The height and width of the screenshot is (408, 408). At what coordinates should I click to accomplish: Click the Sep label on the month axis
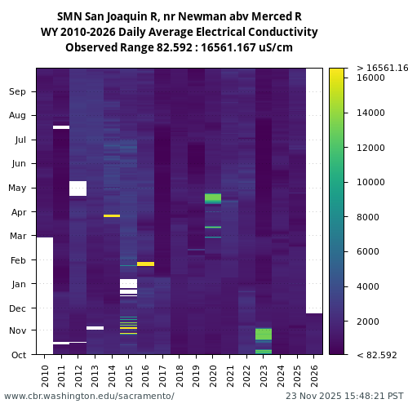(x=17, y=92)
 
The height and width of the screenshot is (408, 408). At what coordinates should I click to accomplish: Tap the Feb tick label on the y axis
(x=17, y=260)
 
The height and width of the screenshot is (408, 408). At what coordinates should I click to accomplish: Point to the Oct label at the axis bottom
(x=17, y=355)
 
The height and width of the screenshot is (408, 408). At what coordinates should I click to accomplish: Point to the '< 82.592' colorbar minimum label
(x=377, y=355)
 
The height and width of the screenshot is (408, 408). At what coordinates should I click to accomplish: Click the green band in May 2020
(x=213, y=198)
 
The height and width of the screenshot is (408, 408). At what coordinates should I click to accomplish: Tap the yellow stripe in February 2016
(x=145, y=264)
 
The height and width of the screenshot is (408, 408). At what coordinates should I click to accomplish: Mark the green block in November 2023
(x=264, y=335)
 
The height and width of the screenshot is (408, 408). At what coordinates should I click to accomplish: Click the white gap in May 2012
(x=78, y=188)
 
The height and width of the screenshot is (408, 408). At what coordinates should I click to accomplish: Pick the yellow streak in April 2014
(x=112, y=215)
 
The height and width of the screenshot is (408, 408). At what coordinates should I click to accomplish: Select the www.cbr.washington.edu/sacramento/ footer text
(x=89, y=396)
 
